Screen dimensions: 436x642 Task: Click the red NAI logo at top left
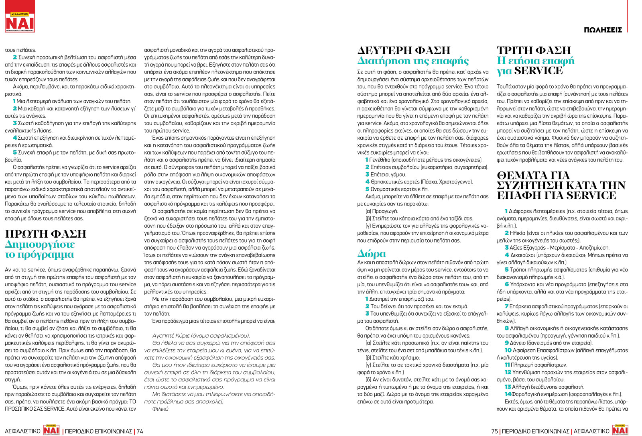click(20, 22)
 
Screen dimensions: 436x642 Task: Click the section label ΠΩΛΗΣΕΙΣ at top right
click(603, 30)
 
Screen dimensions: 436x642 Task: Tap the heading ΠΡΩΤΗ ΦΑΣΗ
click(46, 234)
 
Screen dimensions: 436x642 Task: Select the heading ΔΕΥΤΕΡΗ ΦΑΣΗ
click(404, 51)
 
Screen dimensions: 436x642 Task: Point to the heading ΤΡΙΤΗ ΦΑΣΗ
click(534, 51)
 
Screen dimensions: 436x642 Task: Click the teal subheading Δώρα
click(371, 254)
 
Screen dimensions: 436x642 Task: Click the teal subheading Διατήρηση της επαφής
click(413, 61)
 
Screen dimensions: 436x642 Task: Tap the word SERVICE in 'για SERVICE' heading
click(538, 71)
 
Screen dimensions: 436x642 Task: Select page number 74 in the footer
click(140, 431)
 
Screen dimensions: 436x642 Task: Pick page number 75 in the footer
click(494, 431)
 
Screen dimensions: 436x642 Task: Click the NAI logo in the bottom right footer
click(620, 430)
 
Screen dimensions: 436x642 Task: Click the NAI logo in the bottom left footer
click(51, 430)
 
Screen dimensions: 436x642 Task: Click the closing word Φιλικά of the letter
click(160, 409)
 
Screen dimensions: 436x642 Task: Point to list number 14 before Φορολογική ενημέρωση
click(508, 394)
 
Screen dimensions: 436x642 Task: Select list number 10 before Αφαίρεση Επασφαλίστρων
click(508, 350)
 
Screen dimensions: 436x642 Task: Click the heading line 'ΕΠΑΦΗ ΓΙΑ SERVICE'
click(556, 196)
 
